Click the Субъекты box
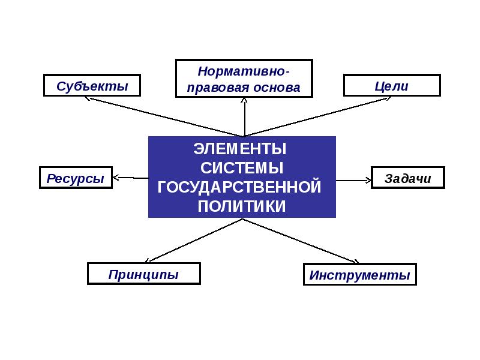coord(92,85)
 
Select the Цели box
coord(391,85)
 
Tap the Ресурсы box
coord(76,178)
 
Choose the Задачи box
coord(408,178)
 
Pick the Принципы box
coord(143,274)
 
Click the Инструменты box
coord(359,275)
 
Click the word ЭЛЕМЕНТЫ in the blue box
coord(240,148)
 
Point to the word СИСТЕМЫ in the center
coord(242,167)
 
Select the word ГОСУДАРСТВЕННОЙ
coord(240,187)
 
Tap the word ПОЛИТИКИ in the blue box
coord(242,206)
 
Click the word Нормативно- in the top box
coord(244,71)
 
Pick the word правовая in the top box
coord(217,87)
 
